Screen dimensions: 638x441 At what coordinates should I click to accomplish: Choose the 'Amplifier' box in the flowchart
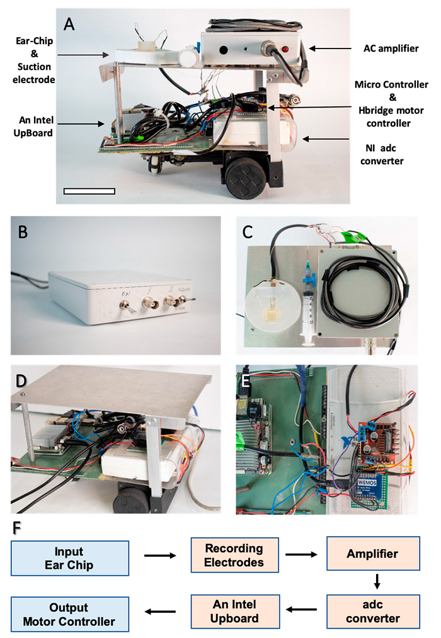[372, 554]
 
